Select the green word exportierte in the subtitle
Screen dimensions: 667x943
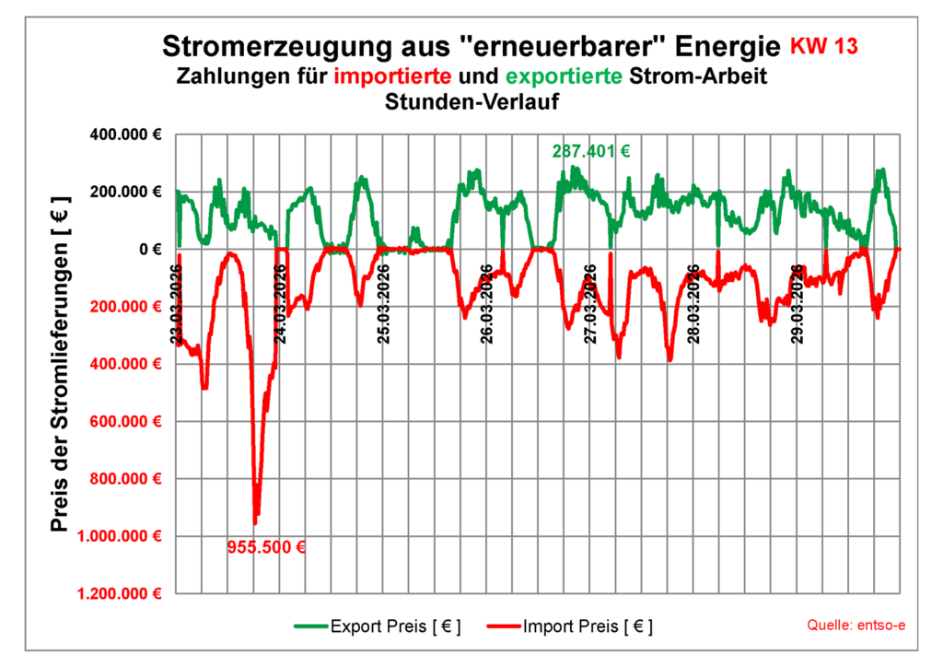click(566, 76)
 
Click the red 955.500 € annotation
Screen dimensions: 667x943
click(266, 546)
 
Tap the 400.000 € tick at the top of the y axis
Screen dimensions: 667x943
click(125, 135)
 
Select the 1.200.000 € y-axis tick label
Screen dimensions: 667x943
click(119, 593)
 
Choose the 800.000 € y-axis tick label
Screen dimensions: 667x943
click(125, 479)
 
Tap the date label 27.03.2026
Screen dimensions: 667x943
click(592, 304)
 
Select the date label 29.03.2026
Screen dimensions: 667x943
click(800, 304)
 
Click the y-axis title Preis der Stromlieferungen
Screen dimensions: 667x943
click(61, 364)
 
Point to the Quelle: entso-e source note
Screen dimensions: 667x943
click(856, 626)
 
